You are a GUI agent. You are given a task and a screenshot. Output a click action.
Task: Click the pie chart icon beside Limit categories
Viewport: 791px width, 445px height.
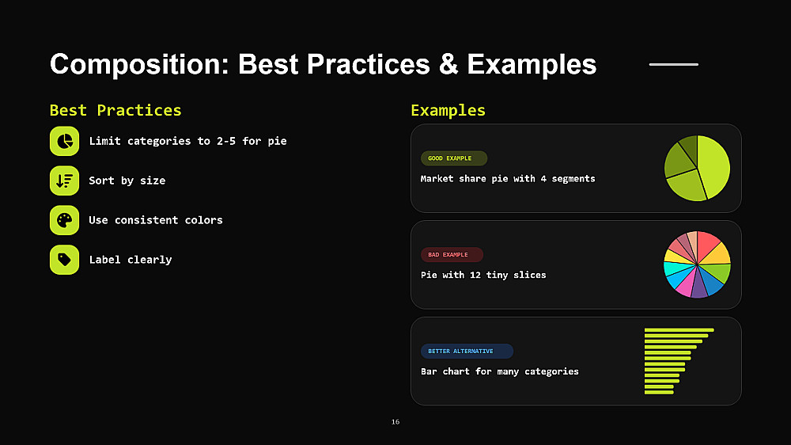tap(65, 141)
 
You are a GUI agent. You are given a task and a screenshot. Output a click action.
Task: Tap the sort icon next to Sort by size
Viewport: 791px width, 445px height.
tap(65, 181)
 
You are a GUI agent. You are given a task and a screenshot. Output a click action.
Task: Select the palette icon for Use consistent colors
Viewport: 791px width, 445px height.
tap(65, 220)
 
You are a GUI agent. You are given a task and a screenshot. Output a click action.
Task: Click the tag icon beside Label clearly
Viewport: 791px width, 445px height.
tap(65, 260)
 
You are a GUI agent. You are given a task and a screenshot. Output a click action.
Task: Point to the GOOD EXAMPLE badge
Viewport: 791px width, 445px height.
tap(454, 158)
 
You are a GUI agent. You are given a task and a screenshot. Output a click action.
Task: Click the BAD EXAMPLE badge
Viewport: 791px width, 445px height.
tap(452, 255)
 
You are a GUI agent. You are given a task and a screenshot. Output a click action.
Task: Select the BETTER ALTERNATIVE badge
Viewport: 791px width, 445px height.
tap(467, 351)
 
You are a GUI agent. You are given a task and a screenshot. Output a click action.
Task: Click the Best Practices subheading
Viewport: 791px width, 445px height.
tap(115, 110)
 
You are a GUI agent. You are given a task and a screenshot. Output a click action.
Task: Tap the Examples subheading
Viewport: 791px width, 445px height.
tap(448, 110)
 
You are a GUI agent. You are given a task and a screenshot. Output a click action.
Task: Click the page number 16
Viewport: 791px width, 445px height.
tap(395, 422)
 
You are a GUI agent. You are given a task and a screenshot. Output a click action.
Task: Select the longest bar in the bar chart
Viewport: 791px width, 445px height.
tap(679, 330)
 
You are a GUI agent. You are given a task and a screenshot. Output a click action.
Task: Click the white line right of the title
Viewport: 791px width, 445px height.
tap(674, 65)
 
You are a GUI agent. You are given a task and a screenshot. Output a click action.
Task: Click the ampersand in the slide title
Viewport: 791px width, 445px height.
tap(448, 65)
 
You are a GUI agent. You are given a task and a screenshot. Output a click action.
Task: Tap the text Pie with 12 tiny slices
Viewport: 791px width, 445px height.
tap(483, 276)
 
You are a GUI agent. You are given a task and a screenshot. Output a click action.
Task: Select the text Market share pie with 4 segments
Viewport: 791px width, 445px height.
tap(508, 179)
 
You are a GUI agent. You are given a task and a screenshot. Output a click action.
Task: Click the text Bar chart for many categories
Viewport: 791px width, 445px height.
tap(500, 372)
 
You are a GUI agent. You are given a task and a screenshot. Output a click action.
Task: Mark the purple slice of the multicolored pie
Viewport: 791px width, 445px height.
tap(699, 285)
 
